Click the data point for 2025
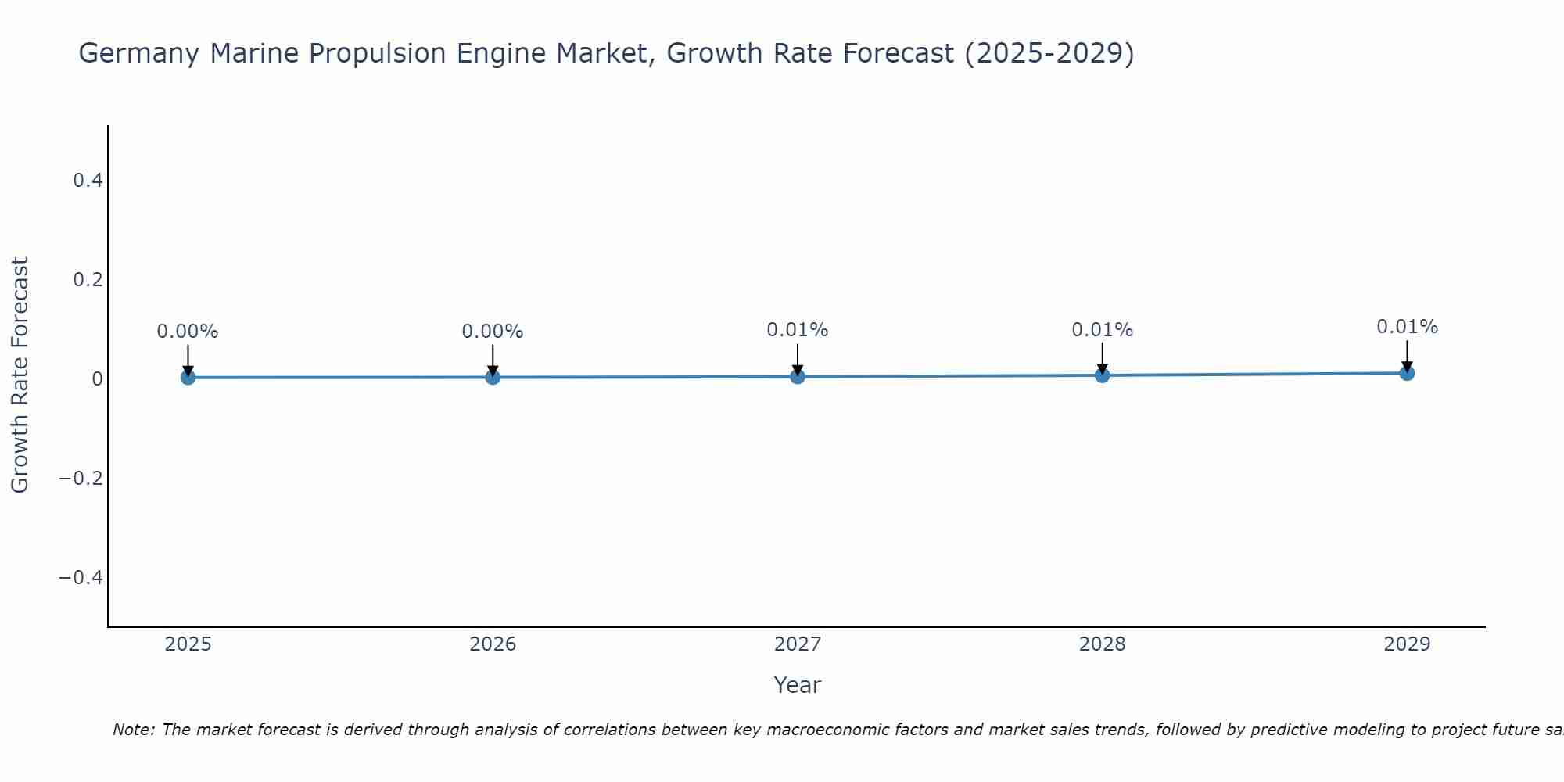[188, 378]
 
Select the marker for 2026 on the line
[493, 377]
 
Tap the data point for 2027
[798, 376]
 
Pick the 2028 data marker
[1102, 375]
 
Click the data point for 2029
[1407, 373]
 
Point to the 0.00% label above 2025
[188, 332]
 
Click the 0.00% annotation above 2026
[493, 332]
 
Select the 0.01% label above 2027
[798, 330]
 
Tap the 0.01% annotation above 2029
[1407, 327]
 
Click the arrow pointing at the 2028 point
[1102, 360]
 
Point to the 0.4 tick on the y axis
[88, 181]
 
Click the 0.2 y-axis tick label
[88, 279]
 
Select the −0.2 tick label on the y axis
[81, 478]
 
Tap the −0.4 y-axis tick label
[81, 577]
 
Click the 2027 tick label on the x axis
[798, 644]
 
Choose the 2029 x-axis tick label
[1407, 644]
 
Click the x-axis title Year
[797, 685]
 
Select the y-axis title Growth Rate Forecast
[20, 375]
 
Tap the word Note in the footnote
[133, 730]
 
